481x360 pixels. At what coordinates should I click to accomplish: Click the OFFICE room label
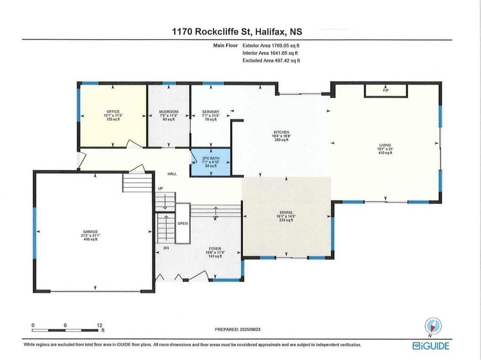[x=113, y=112]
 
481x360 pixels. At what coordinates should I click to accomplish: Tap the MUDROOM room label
[x=169, y=112]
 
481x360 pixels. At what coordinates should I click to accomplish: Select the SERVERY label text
[x=211, y=112]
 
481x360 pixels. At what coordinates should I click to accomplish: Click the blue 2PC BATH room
[x=210, y=162]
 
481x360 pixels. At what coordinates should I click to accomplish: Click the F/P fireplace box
[x=386, y=91]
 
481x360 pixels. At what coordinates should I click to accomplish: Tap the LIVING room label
[x=385, y=145]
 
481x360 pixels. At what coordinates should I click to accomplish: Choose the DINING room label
[x=286, y=212]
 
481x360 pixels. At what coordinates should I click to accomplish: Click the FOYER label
[x=215, y=249]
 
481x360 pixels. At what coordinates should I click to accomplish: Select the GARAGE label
[x=90, y=231]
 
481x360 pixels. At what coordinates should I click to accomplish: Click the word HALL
[x=172, y=174]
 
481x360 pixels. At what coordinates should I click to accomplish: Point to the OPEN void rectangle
[x=183, y=223]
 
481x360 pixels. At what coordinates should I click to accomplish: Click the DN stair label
[x=166, y=248]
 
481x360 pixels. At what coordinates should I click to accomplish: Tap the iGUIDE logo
[x=431, y=345]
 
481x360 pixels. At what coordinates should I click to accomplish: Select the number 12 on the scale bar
[x=100, y=325]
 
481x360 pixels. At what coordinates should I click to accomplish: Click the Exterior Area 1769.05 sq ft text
[x=271, y=46]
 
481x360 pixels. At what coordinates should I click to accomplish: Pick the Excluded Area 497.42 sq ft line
[x=271, y=61]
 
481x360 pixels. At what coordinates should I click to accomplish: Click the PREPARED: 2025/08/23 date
[x=238, y=329]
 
